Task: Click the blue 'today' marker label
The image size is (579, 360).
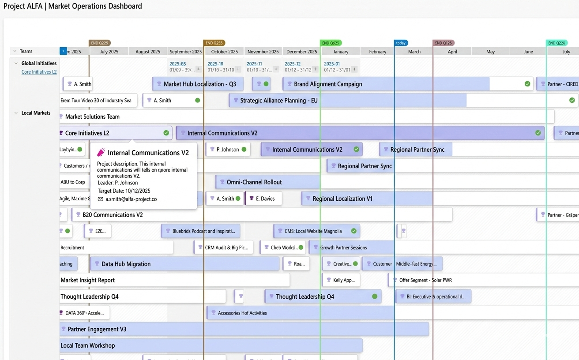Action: point(401,43)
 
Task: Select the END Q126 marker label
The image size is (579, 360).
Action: point(444,43)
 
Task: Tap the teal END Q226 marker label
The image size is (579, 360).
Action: point(557,43)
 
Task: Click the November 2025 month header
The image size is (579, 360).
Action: point(263,52)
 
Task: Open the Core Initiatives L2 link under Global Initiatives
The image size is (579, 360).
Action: point(39,72)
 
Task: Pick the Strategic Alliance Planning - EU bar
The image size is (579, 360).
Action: point(278,101)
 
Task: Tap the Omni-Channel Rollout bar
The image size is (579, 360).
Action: point(254,182)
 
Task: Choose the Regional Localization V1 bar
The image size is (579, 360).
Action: point(342,199)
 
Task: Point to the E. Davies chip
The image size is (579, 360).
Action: point(263,199)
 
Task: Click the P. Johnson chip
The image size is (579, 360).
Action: point(227,150)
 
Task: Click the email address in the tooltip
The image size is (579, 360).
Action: point(131,199)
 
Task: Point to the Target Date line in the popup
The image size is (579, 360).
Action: point(124,191)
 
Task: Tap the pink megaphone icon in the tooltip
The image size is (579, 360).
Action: point(101,153)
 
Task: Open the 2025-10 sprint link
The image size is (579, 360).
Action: point(215,64)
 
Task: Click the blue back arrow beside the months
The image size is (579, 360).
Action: point(63,51)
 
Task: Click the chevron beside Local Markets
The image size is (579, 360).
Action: point(16,113)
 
